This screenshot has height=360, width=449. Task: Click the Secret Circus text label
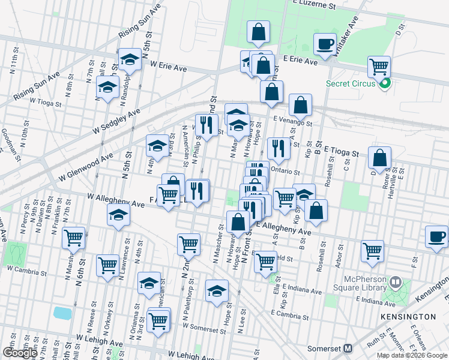pyautogui.click(x=351, y=83)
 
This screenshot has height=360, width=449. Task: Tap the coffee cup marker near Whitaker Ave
pyautogui.click(x=325, y=44)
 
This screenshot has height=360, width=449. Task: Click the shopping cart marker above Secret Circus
pyautogui.click(x=379, y=66)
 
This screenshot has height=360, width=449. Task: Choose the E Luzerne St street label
pyautogui.click(x=314, y=4)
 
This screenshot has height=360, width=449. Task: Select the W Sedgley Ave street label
pyautogui.click(x=116, y=122)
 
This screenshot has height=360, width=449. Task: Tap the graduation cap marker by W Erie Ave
pyautogui.click(x=130, y=59)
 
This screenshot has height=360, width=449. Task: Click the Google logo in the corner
pyautogui.click(x=20, y=353)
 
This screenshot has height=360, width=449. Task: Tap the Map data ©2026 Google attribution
pyautogui.click(x=412, y=356)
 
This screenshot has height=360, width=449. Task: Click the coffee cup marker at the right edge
pyautogui.click(x=436, y=236)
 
